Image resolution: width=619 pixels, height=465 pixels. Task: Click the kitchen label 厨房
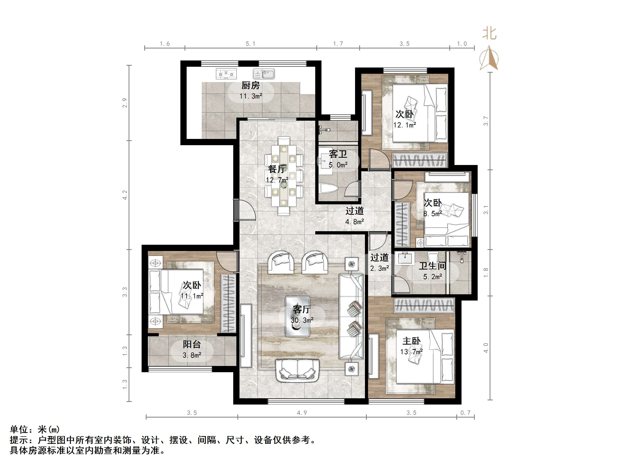click(250, 85)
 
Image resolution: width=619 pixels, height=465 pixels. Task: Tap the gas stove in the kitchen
click(226, 74)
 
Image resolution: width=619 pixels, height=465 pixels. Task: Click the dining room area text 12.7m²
click(277, 180)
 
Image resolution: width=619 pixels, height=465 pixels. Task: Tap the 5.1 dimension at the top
click(250, 44)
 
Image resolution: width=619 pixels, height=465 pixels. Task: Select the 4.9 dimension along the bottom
click(302, 413)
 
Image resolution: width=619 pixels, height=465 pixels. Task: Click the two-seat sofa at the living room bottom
click(298, 370)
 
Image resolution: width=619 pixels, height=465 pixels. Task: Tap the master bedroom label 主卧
click(411, 341)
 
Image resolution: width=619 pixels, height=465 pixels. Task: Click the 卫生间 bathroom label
click(432, 266)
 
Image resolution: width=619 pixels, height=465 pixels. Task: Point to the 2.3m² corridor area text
click(380, 268)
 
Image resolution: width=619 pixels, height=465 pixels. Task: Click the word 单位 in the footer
click(19, 429)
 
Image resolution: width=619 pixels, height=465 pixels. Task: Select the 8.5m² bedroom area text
click(432, 214)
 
